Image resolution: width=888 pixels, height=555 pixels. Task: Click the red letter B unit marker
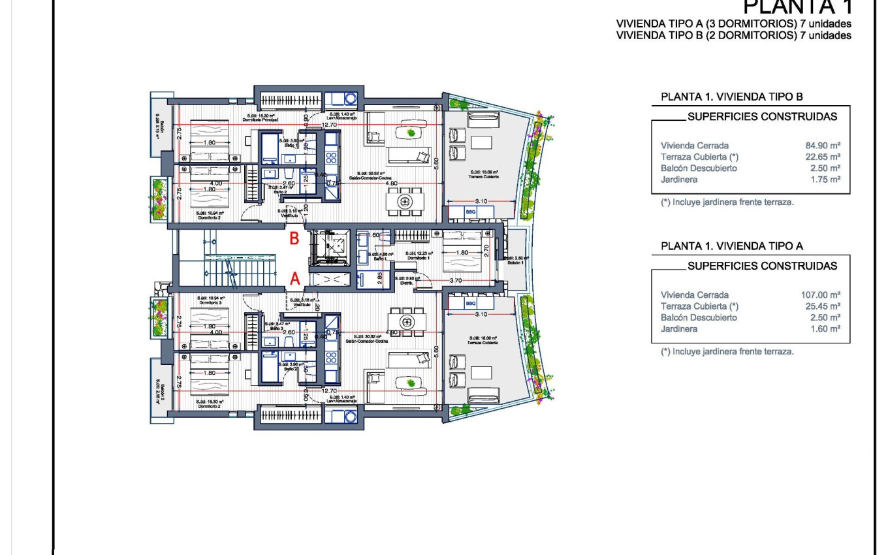coord(294,239)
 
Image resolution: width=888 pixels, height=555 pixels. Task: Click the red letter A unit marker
coord(294,279)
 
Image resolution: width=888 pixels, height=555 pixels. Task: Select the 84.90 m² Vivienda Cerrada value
coord(822,146)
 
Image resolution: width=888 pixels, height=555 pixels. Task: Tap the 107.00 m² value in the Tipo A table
coord(820,295)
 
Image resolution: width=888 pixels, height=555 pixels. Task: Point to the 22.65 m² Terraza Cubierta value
coord(822,157)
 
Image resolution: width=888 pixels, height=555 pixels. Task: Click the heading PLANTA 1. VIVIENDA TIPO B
coord(731,97)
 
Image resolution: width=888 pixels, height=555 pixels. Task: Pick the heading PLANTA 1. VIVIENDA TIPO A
coord(731,246)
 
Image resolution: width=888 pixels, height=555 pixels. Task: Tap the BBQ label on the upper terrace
coord(471,212)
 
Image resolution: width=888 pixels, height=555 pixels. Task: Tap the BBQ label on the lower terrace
coord(471,304)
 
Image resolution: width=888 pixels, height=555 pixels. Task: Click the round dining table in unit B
coord(405,202)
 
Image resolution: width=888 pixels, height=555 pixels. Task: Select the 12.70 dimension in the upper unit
coord(329,124)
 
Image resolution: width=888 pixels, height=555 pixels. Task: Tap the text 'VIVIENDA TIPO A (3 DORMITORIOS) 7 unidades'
coord(733,24)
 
